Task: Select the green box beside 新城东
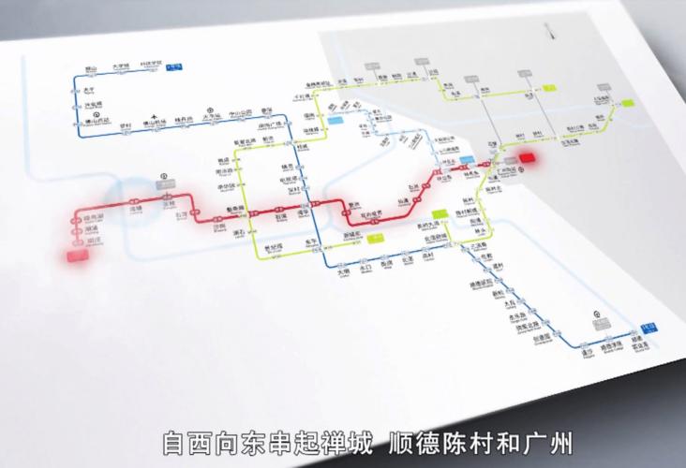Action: (x=377, y=238)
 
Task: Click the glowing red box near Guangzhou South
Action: (x=529, y=160)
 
